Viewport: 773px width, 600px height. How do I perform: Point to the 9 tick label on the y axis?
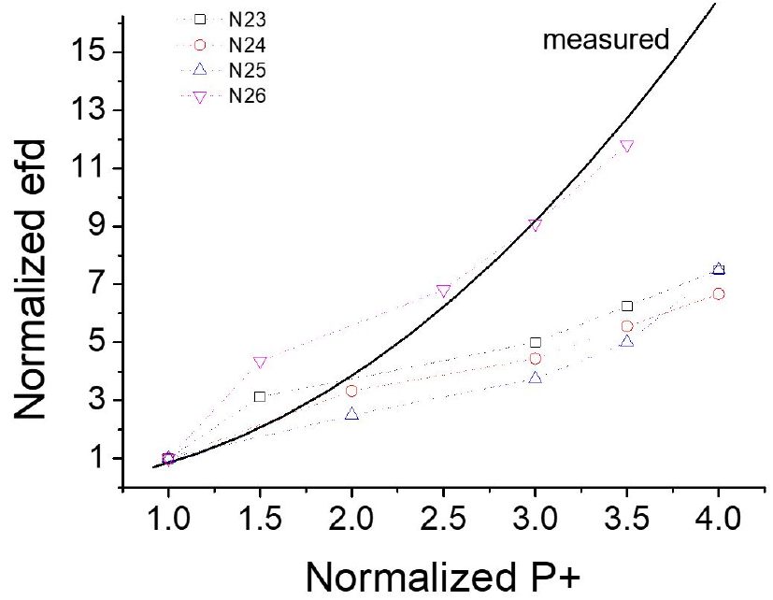pos(97,227)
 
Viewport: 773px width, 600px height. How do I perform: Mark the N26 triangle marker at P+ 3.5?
pos(626,146)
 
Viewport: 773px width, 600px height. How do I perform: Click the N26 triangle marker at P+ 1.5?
pos(260,363)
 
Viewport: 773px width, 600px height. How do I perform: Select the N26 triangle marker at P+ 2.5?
pos(443,291)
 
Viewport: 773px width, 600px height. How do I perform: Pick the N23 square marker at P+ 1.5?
pos(260,397)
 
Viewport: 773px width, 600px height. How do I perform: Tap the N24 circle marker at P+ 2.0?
pos(351,391)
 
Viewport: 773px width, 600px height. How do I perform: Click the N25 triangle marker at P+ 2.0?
pos(351,413)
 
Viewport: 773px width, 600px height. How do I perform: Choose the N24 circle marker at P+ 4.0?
pos(718,293)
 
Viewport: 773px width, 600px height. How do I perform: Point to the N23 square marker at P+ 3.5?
pos(626,306)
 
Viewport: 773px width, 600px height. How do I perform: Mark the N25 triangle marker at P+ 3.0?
pos(535,378)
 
